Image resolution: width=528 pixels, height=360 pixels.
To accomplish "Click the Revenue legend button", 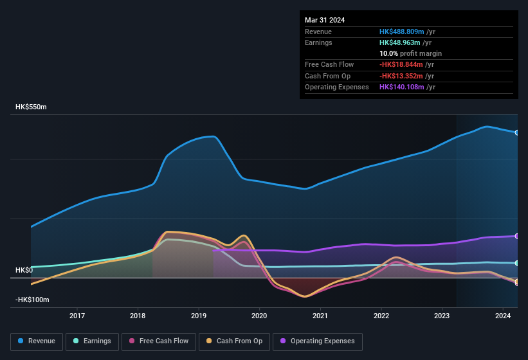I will coord(37,341).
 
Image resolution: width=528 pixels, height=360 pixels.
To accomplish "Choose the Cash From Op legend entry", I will coord(235,341).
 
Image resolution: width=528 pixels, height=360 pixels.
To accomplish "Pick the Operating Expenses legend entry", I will coord(317,341).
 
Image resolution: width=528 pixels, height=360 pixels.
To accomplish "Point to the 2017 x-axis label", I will coord(77,316).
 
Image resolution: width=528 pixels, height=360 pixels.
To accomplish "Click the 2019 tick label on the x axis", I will coord(199,316).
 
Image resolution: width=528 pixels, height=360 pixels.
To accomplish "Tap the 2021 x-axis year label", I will coord(320,316).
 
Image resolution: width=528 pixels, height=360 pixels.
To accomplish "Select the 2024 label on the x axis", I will coord(503,316).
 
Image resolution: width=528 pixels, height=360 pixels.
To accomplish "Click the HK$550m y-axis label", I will coord(31,107).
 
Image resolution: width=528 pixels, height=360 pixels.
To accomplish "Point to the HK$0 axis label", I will coord(24,270).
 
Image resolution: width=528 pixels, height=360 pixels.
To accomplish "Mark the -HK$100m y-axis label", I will coord(32,300).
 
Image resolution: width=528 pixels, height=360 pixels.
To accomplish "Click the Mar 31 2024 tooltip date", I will coord(325,20).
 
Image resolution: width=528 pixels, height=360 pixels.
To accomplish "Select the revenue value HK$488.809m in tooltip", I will coord(401,32).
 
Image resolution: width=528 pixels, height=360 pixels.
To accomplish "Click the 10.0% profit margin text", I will coord(410,53).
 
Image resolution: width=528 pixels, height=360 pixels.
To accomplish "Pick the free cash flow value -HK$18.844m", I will coord(401,64).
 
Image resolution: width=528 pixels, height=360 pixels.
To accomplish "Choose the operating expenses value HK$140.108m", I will coord(401,87).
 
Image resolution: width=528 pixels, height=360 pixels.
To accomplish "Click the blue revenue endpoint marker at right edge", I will coord(517,132).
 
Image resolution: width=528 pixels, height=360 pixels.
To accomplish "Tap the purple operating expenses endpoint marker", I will coord(517,236).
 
